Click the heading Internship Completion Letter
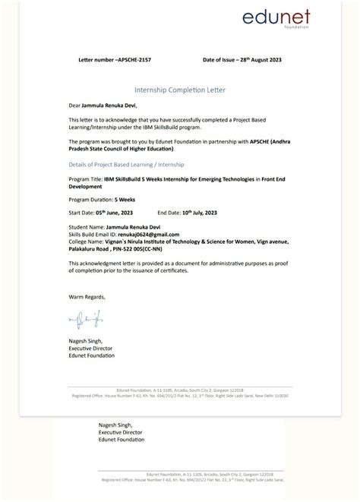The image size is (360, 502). pos(179,90)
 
